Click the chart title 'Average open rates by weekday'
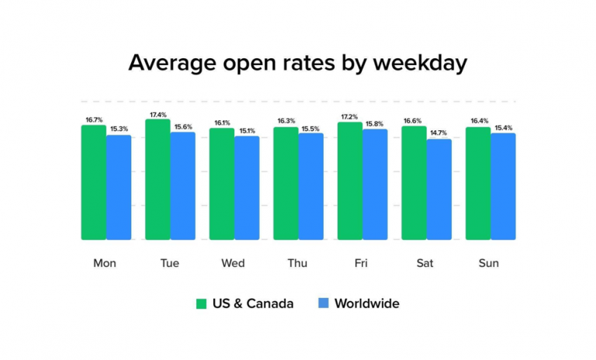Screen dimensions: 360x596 pyautogui.click(x=298, y=63)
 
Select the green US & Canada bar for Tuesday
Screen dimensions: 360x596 pyautogui.click(x=158, y=179)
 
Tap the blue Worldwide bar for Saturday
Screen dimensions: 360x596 pyautogui.click(x=438, y=189)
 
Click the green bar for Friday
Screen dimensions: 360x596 pyautogui.click(x=349, y=181)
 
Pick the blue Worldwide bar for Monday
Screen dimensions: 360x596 pyautogui.click(x=119, y=187)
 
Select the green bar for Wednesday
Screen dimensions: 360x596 pyautogui.click(x=221, y=184)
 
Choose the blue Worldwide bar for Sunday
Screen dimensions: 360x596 pyautogui.click(x=503, y=186)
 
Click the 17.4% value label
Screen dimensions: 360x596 pyautogui.click(x=158, y=115)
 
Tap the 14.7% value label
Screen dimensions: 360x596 pyautogui.click(x=438, y=133)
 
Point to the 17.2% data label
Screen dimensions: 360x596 pyautogui.click(x=349, y=117)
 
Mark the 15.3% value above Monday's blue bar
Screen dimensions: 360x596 pyautogui.click(x=119, y=130)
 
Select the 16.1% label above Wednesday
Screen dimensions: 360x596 pyautogui.click(x=221, y=123)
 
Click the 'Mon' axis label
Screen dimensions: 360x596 pyautogui.click(x=105, y=263)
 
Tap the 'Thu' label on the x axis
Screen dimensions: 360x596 pyautogui.click(x=297, y=263)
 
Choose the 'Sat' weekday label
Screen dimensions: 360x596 pyautogui.click(x=425, y=263)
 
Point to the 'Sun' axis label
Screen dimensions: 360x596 pyautogui.click(x=489, y=263)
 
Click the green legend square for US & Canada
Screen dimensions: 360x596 pyautogui.click(x=201, y=303)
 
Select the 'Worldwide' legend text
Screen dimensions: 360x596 pyautogui.click(x=366, y=303)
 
